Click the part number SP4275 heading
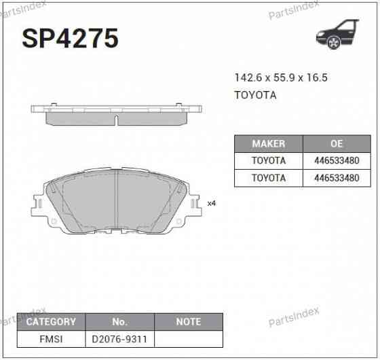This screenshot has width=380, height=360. (x=71, y=39)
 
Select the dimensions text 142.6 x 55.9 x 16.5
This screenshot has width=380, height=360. (x=281, y=78)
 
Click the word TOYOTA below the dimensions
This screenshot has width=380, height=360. (x=255, y=95)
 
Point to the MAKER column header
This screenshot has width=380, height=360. (x=268, y=144)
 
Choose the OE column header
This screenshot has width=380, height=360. (x=337, y=144)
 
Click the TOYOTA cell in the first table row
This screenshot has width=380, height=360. (x=268, y=161)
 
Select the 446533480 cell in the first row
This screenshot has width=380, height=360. (x=337, y=161)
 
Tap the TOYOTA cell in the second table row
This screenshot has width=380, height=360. (x=268, y=178)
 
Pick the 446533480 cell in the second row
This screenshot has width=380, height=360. (x=337, y=178)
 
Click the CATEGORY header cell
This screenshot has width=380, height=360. (x=50, y=321)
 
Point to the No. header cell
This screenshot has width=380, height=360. (x=119, y=321)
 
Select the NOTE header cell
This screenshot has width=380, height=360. (x=188, y=321)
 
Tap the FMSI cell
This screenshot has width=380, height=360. (x=50, y=338)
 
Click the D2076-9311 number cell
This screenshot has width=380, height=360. (x=119, y=338)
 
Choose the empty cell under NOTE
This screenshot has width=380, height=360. (x=188, y=338)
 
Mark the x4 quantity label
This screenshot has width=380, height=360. (x=211, y=203)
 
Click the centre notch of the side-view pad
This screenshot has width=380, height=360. (x=117, y=121)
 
